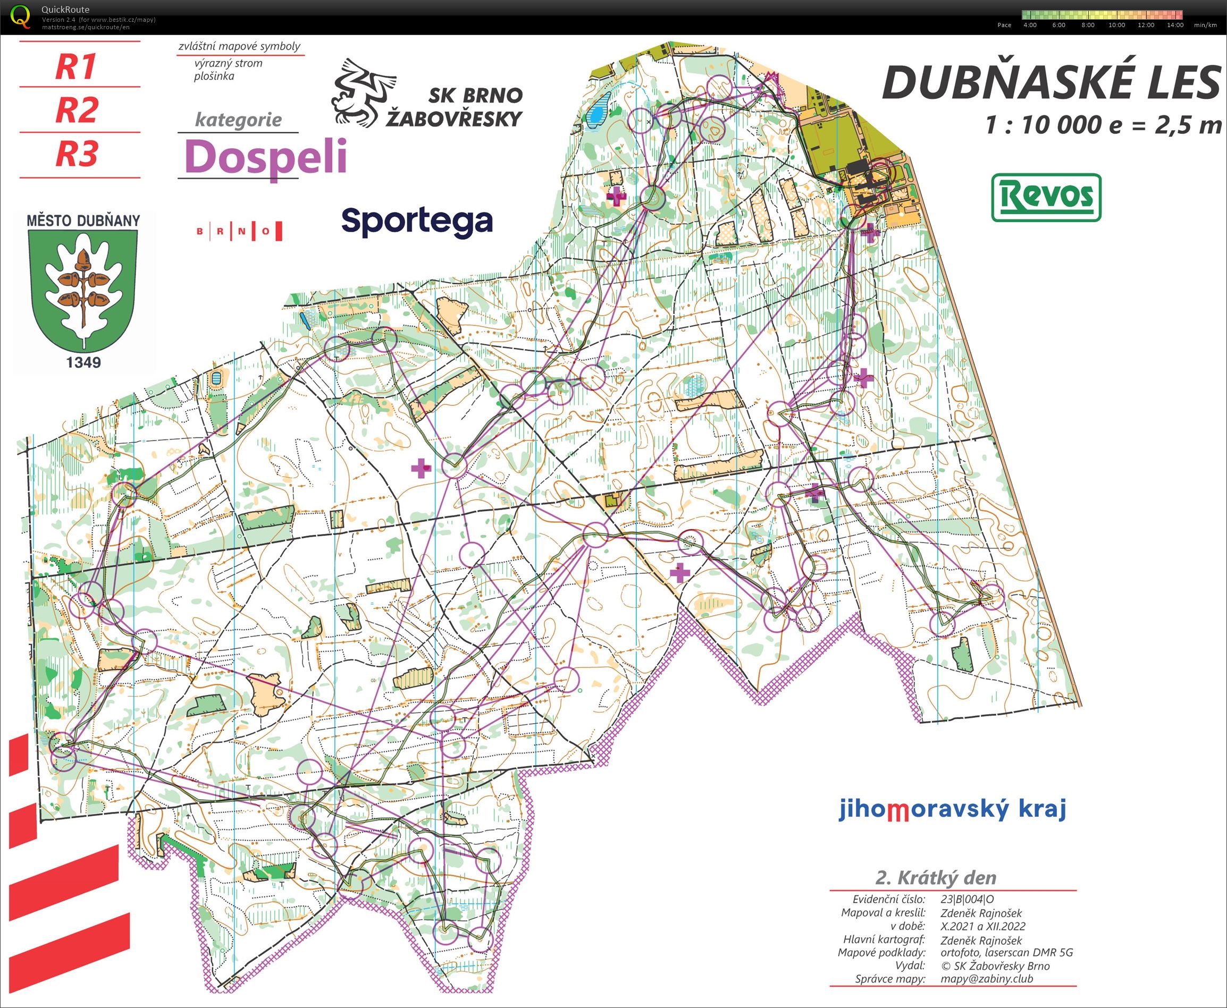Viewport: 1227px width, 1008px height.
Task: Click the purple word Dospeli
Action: (x=265, y=157)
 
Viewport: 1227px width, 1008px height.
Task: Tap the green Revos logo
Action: (x=1046, y=198)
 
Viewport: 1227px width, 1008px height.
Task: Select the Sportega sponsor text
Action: (x=417, y=221)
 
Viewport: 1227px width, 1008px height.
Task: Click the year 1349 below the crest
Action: (x=83, y=362)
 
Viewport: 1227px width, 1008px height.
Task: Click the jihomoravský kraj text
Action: (x=952, y=808)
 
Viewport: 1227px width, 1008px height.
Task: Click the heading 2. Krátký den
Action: (x=935, y=877)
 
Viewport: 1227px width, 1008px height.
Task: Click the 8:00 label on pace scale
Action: (x=1088, y=25)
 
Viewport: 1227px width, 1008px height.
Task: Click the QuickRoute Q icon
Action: (x=21, y=16)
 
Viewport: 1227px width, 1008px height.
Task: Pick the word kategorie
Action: (x=238, y=120)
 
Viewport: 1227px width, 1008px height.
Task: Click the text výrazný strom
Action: (x=228, y=63)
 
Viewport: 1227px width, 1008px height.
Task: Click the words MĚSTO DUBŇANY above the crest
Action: (x=83, y=220)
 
